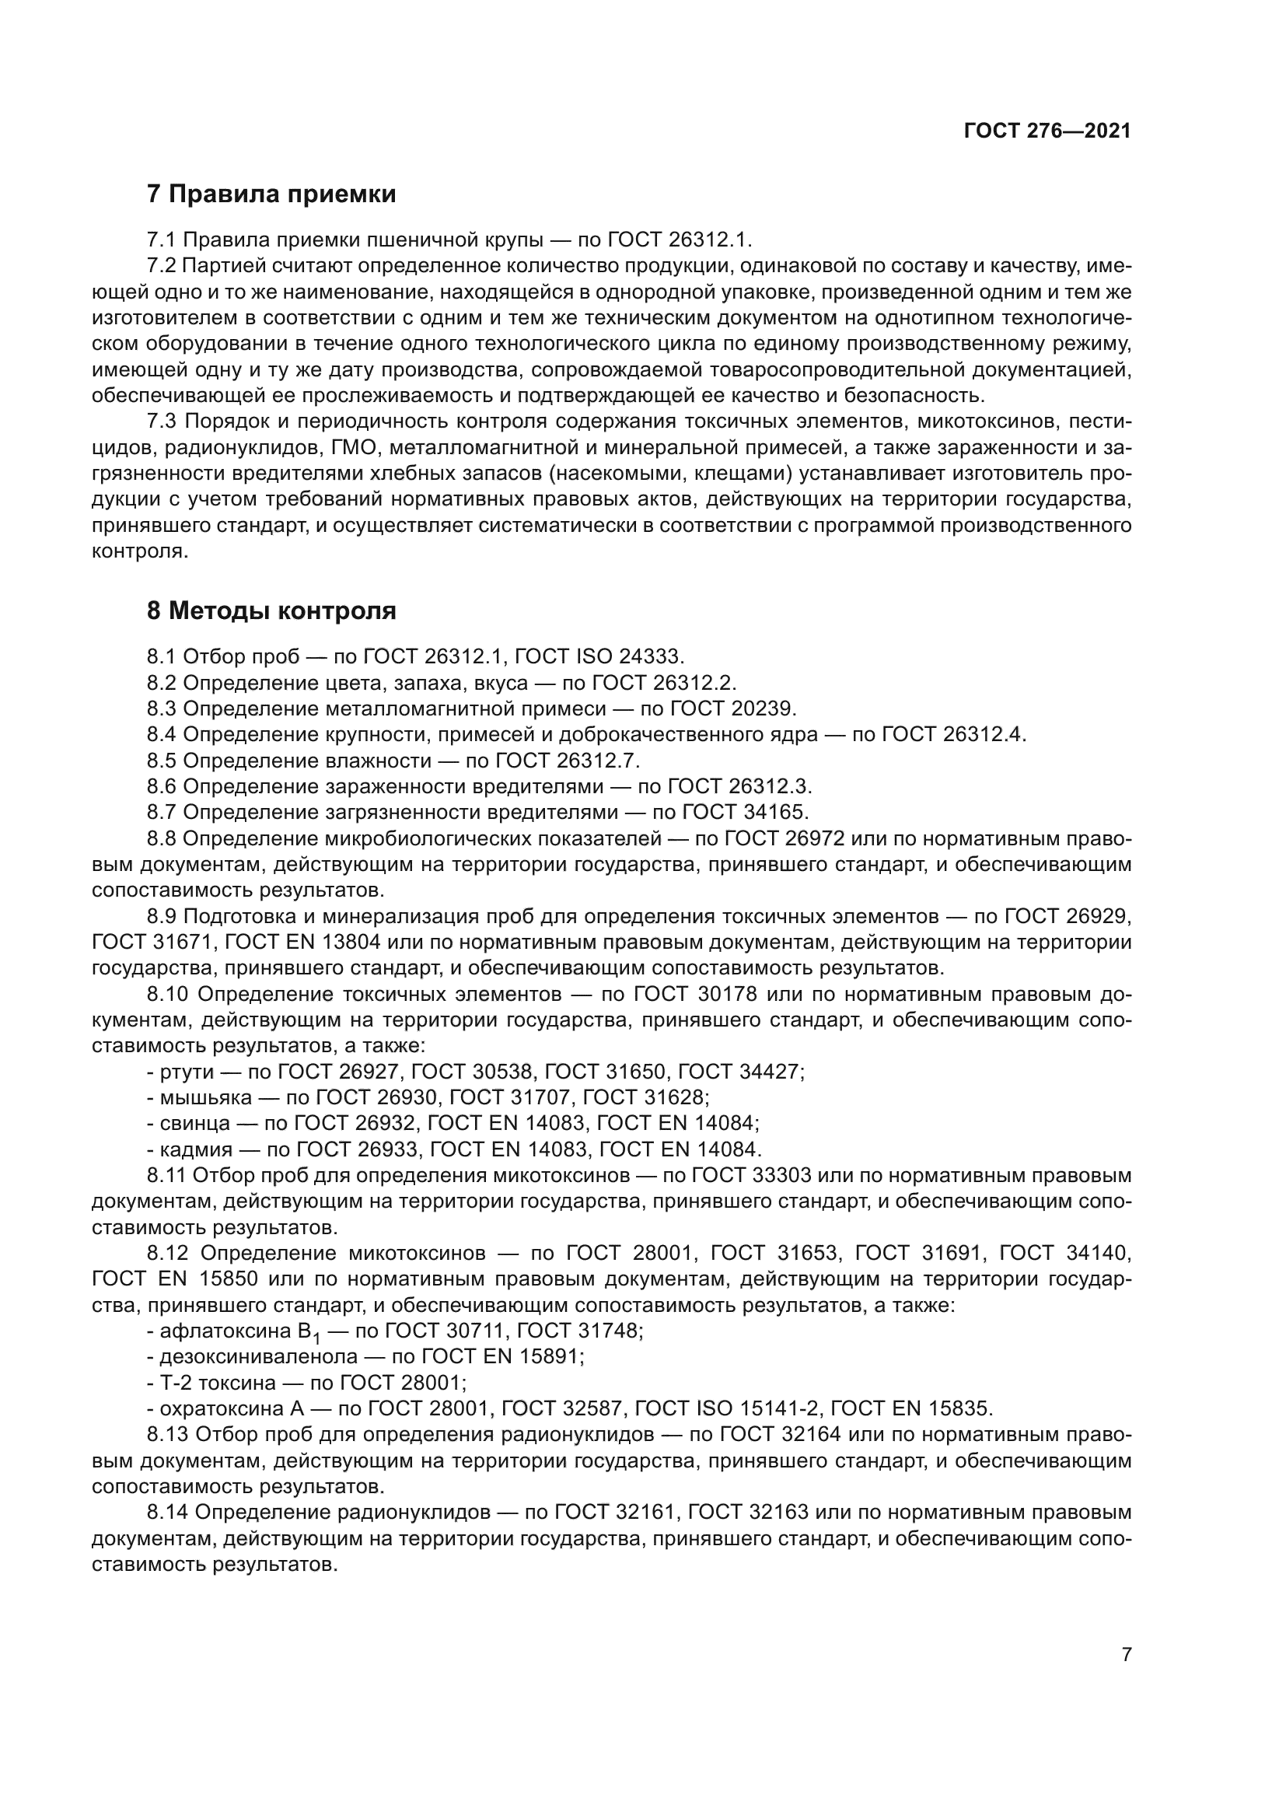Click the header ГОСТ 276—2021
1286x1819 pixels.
pyautogui.click(x=1047, y=131)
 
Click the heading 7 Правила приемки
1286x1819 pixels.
pyautogui.click(x=271, y=194)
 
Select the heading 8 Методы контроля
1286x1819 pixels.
pyautogui.click(x=271, y=610)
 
